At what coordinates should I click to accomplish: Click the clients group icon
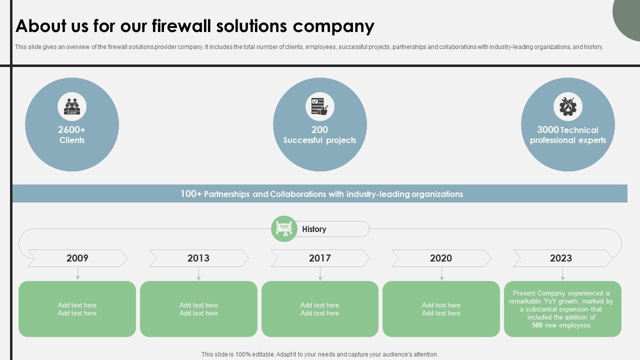pyautogui.click(x=72, y=106)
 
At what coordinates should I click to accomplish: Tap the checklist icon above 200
pyautogui.click(x=320, y=106)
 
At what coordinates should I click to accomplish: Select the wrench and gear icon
pyautogui.click(x=568, y=106)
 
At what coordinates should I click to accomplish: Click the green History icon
pyautogui.click(x=284, y=229)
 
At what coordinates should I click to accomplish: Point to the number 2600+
pyautogui.click(x=72, y=130)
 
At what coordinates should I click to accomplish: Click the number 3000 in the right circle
pyautogui.click(x=547, y=130)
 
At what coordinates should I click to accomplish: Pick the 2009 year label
pyautogui.click(x=77, y=258)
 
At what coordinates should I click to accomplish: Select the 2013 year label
pyautogui.click(x=198, y=258)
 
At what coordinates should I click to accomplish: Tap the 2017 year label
pyautogui.click(x=320, y=258)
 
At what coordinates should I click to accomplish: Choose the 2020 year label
pyautogui.click(x=441, y=258)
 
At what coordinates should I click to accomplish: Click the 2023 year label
pyautogui.click(x=561, y=258)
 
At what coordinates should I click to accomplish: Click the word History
pyautogui.click(x=314, y=229)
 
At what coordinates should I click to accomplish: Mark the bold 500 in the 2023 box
pyautogui.click(x=537, y=325)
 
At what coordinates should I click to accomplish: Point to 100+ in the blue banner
pyautogui.click(x=191, y=194)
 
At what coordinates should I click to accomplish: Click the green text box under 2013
pyautogui.click(x=198, y=309)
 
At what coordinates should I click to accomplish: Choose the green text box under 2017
pyautogui.click(x=320, y=309)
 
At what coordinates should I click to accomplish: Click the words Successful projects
pyautogui.click(x=320, y=140)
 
